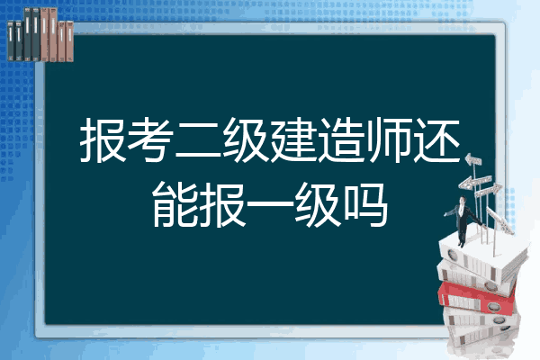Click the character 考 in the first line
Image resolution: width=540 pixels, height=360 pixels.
(x=151, y=139)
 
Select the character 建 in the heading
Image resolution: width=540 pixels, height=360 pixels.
(x=293, y=139)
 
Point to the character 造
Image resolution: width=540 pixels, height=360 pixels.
(x=341, y=139)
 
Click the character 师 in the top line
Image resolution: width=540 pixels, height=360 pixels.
(x=389, y=139)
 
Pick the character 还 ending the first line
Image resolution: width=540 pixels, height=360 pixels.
(x=436, y=139)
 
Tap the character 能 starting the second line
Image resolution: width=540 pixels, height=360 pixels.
(x=175, y=204)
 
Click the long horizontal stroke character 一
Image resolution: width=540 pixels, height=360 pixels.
(x=270, y=204)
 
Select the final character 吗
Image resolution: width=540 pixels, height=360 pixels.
(x=365, y=204)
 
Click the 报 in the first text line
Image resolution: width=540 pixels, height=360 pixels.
(x=103, y=139)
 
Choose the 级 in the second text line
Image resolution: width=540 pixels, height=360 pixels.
(x=318, y=204)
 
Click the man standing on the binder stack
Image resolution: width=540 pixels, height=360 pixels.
(x=463, y=221)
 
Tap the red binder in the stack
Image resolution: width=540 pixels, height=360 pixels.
(x=477, y=298)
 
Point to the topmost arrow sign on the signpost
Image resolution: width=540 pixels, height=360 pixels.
(x=473, y=160)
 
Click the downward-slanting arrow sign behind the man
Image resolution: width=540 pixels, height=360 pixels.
(x=500, y=219)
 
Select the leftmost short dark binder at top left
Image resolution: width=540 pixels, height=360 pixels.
(x=11, y=40)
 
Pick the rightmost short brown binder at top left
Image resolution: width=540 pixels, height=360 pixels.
(x=69, y=41)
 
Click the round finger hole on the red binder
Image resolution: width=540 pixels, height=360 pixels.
(x=493, y=306)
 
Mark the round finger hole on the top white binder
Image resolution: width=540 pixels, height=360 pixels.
(x=452, y=256)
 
